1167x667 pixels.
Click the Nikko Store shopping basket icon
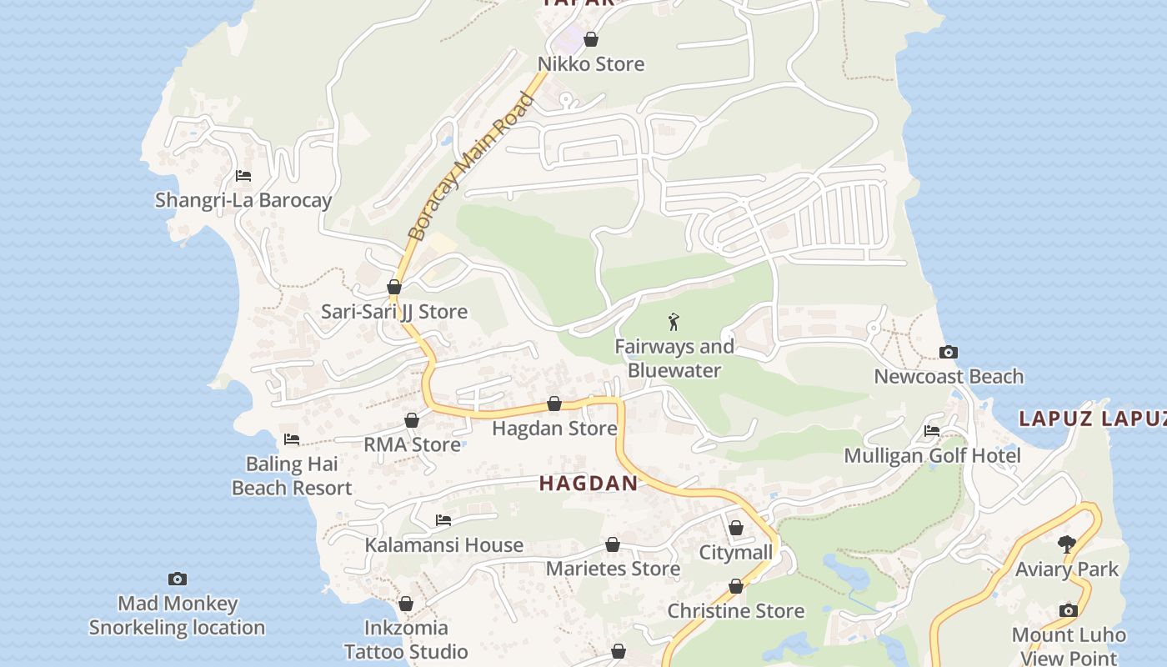pos(591,39)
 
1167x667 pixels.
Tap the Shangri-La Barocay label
pos(243,200)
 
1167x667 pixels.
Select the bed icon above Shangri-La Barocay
pos(243,176)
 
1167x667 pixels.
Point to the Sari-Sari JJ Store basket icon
pos(394,288)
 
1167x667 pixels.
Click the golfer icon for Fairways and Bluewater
pos(674,321)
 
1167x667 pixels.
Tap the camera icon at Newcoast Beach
pos(949,352)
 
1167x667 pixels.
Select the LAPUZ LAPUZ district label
pos(1092,419)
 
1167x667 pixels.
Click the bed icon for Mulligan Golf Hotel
pos(932,431)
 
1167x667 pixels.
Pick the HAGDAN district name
pos(589,483)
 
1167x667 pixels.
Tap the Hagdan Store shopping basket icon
pos(554,404)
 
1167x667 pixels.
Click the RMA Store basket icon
pos(412,420)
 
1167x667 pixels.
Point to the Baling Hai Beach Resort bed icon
pos(291,439)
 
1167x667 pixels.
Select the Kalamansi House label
pos(444,545)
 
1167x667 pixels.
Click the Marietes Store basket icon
pos(613,544)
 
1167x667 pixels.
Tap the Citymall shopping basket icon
pos(736,528)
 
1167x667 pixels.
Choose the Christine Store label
pos(736,611)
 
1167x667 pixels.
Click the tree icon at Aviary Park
pos(1067,544)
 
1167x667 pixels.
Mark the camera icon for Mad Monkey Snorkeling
pos(178,579)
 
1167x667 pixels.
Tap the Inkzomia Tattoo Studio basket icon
pos(406,603)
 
